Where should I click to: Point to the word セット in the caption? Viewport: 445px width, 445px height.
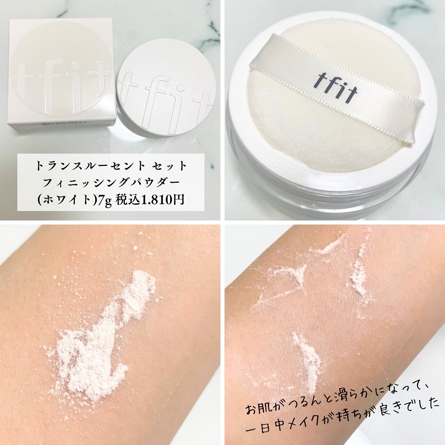(169, 166)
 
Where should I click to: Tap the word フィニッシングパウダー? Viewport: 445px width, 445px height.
(111, 183)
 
